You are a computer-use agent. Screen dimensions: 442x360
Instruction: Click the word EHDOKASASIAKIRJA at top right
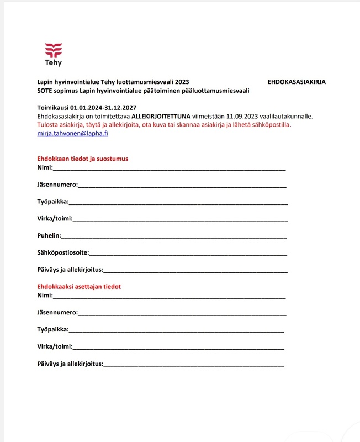pyautogui.click(x=297, y=81)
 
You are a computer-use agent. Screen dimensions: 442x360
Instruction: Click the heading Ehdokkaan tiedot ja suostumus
pyautogui.click(x=82, y=159)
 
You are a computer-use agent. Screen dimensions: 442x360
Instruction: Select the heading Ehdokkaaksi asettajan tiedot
pyautogui.click(x=79, y=287)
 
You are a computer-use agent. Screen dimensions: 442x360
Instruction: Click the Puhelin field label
pyautogui.click(x=49, y=235)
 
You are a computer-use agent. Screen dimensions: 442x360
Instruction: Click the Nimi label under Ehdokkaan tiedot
pyautogui.click(x=45, y=167)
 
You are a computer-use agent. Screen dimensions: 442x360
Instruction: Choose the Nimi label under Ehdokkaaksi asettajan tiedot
pyautogui.click(x=45, y=296)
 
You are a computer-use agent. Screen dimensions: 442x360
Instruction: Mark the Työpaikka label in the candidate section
pyautogui.click(x=52, y=202)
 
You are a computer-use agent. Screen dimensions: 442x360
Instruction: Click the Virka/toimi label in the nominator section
pyautogui.click(x=54, y=346)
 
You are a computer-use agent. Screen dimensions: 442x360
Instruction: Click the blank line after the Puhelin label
pyautogui.click(x=174, y=236)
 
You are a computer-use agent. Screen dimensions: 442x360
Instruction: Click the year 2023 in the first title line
pyautogui.click(x=181, y=81)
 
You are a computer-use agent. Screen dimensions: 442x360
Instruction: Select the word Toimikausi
pyautogui.click(x=53, y=107)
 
